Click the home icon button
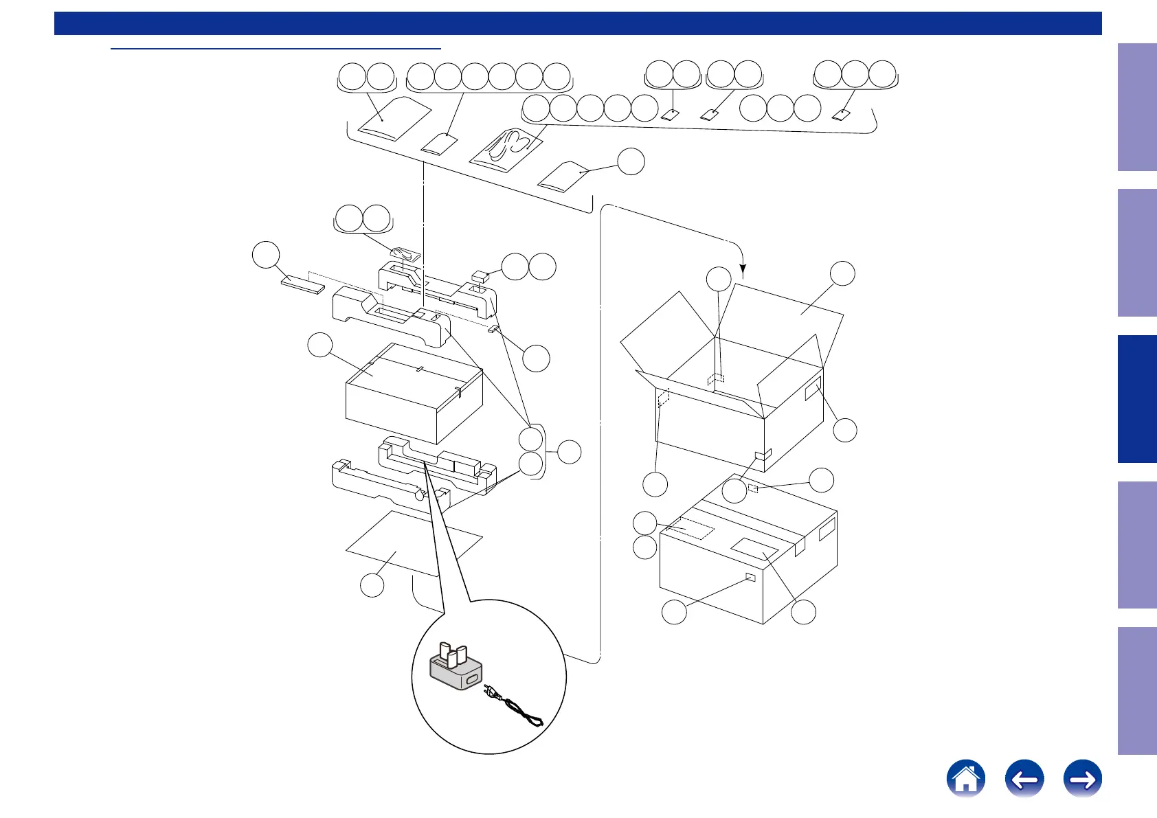[965, 779]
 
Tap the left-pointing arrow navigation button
[1024, 779]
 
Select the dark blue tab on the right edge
[1137, 398]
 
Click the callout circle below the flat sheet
[372, 585]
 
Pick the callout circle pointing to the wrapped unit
[320, 345]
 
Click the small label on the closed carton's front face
[750, 578]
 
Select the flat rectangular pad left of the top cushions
[303, 284]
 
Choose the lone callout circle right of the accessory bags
[631, 161]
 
